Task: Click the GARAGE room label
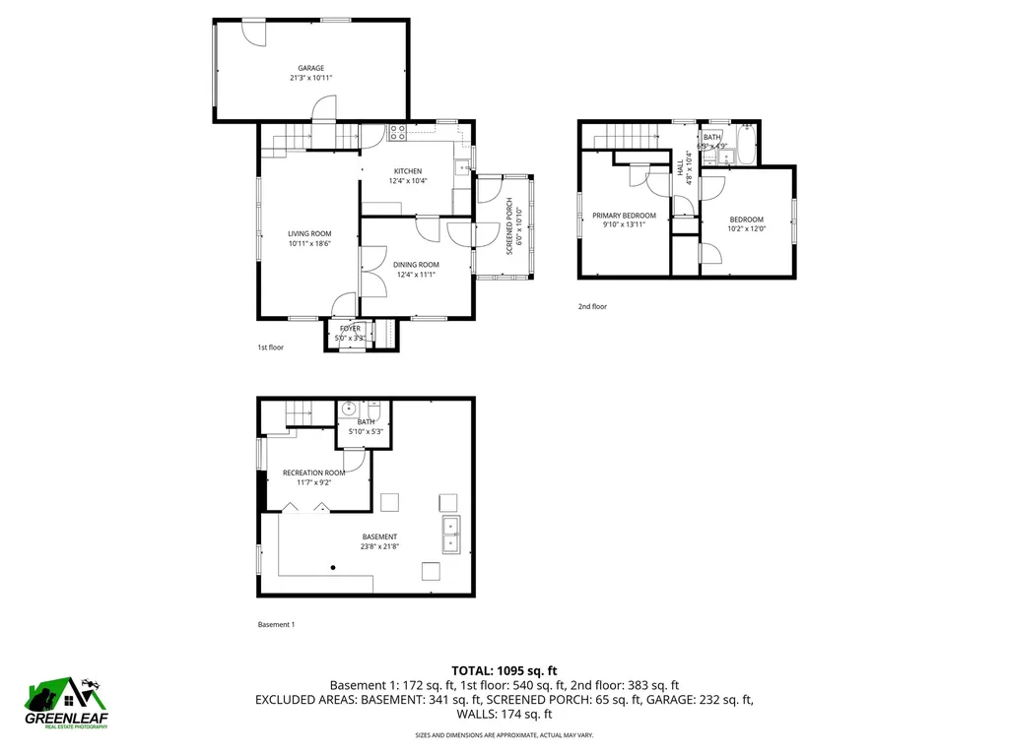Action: click(311, 68)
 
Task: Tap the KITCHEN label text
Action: click(407, 170)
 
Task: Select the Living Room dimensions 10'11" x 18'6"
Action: click(308, 243)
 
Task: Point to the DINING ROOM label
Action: click(416, 265)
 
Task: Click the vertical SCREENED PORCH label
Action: click(509, 226)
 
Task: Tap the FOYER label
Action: click(350, 329)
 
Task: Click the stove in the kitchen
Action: click(400, 130)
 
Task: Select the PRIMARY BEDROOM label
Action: click(624, 216)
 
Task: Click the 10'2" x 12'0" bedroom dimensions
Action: click(746, 229)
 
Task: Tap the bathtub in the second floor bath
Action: click(746, 146)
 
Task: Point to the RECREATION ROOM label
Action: click(313, 472)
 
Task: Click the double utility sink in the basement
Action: click(451, 535)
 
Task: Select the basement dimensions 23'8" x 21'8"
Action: click(378, 546)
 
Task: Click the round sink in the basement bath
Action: click(349, 409)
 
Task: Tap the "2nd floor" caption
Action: click(592, 307)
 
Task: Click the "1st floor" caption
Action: click(271, 347)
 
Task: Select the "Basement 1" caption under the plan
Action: click(276, 624)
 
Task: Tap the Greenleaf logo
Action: click(67, 703)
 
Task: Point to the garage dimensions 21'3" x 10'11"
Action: click(311, 78)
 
